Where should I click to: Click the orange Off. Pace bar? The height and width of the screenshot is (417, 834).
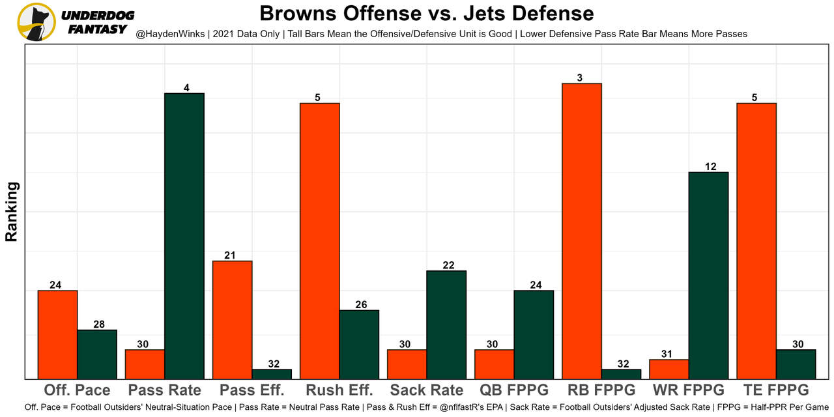click(57, 334)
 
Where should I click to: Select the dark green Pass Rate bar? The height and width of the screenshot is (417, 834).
click(184, 236)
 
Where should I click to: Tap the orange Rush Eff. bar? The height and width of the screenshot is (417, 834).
click(319, 240)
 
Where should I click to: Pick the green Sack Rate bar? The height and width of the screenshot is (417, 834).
click(446, 324)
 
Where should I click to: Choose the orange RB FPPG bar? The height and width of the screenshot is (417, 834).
click(581, 231)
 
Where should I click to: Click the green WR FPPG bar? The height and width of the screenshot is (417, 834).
click(708, 275)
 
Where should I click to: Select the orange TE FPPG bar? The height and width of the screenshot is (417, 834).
click(756, 240)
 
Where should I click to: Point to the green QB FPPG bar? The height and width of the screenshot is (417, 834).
click(534, 334)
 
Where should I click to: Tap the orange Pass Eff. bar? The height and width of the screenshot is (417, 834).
click(232, 319)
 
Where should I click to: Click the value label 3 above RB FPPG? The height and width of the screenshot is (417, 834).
click(579, 78)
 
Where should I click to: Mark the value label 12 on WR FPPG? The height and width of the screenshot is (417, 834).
click(710, 167)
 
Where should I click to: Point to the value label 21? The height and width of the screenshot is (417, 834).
click(230, 255)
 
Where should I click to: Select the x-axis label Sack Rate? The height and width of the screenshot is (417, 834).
click(427, 390)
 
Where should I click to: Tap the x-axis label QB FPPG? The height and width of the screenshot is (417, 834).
click(514, 390)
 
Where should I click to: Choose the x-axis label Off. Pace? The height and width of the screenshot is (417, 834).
click(77, 390)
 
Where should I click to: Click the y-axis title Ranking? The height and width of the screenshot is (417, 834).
click(12, 212)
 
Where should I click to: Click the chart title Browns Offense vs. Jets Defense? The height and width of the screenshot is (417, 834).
click(427, 14)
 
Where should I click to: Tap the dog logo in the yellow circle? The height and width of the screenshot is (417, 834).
click(36, 22)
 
